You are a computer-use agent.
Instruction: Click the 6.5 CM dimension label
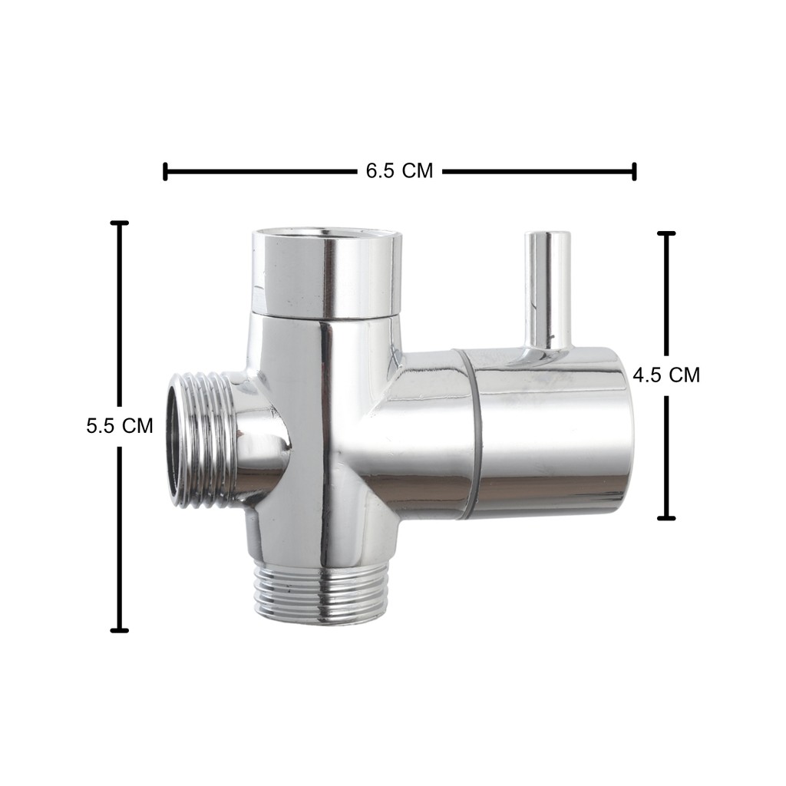[399, 171]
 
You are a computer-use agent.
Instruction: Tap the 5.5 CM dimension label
[119, 426]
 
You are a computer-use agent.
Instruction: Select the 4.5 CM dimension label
[666, 375]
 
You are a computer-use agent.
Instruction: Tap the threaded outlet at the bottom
[322, 593]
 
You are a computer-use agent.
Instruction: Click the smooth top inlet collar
[326, 274]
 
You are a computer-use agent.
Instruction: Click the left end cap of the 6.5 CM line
[165, 171]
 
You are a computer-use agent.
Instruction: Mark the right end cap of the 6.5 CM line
[634, 171]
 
